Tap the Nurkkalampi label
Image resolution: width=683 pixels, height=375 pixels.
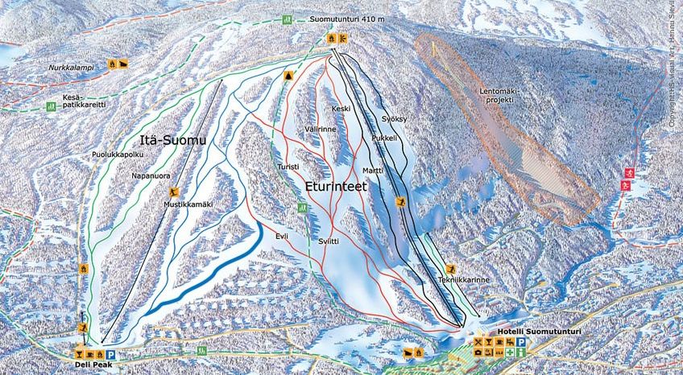pos(70,68)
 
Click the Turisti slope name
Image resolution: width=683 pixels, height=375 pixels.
pos(288,167)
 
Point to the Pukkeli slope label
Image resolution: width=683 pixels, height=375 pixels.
pos(385,138)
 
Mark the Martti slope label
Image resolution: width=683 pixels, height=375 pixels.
pos(372,171)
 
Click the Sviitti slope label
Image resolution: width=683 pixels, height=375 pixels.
pos(327,242)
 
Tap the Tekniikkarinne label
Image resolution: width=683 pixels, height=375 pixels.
pos(464,280)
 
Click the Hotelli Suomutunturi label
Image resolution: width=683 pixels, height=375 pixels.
pos(521,332)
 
